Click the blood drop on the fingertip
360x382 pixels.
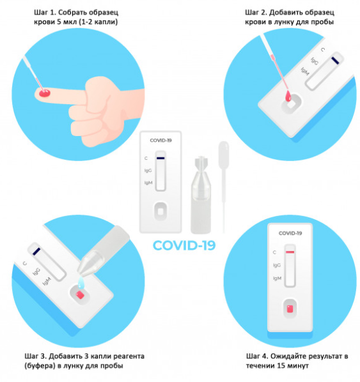coord(45,93)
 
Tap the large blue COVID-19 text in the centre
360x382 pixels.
coord(184,245)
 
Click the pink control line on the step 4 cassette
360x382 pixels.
coord(290,252)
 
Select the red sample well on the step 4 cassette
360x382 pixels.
coord(290,309)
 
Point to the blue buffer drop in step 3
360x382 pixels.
coord(81,282)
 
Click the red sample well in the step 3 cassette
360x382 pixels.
coord(80,295)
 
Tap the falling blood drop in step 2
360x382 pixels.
coord(288,96)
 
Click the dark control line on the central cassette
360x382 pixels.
coord(160,158)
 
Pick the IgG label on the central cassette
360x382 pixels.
coord(148,171)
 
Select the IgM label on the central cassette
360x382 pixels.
coord(148,183)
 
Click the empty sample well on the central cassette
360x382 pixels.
coord(160,211)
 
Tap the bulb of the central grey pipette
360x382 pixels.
coord(223,155)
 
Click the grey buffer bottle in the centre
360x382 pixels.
coord(201,195)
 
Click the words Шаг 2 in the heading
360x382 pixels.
coord(256,12)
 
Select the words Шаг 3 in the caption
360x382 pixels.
coord(35,356)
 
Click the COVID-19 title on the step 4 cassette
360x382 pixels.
coord(290,233)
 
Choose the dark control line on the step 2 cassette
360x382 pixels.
coord(335,61)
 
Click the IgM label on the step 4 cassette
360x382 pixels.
coord(278,278)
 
